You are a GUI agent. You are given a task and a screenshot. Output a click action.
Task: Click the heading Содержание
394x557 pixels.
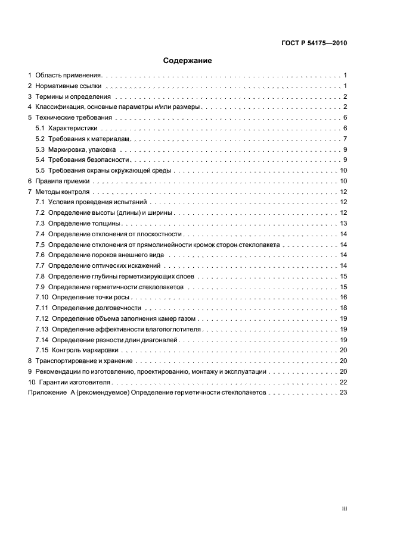(x=188, y=60)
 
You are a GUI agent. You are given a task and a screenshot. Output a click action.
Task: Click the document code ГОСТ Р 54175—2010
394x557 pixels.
(x=314, y=43)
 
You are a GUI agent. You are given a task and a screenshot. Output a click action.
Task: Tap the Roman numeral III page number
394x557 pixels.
(x=344, y=509)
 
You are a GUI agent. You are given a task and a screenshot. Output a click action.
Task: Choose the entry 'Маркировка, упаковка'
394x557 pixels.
(x=86, y=149)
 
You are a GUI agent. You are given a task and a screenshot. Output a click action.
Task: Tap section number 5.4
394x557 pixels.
(x=40, y=159)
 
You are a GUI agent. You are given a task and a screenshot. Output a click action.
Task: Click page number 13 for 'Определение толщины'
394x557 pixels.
(x=343, y=223)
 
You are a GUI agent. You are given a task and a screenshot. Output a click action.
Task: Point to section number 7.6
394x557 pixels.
(x=40, y=255)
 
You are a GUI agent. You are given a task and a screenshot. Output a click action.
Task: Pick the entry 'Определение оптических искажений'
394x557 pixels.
(x=105, y=265)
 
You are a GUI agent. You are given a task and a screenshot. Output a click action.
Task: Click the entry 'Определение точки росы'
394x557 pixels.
(x=91, y=297)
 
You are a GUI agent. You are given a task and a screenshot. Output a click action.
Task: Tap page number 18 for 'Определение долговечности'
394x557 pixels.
(x=343, y=308)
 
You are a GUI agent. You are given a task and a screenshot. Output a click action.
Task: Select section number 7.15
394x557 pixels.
(x=42, y=350)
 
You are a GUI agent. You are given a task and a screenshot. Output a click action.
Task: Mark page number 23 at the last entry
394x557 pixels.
(x=343, y=393)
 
